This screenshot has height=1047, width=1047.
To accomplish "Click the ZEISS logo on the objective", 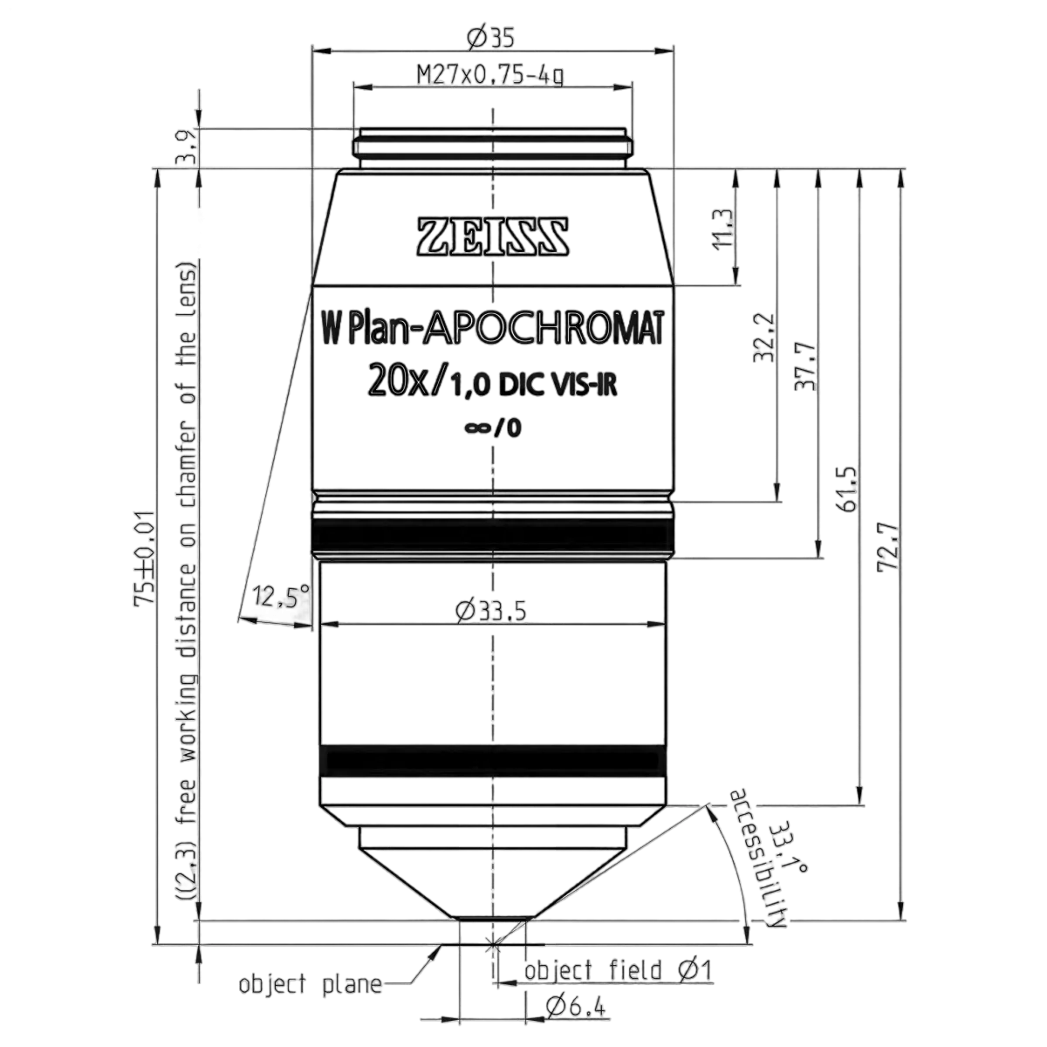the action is point(493,237).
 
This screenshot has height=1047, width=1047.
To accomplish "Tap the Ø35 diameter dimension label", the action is point(490,38).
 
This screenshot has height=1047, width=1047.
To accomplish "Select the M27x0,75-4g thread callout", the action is point(490,75).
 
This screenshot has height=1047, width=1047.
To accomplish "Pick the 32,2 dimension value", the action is point(764,338).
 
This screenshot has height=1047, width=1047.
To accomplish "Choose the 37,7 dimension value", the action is point(804,366).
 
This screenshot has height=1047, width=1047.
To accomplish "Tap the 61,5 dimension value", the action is point(846,488).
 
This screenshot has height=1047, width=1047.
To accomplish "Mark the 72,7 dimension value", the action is point(888,546).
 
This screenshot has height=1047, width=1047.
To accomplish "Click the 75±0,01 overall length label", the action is point(146,558).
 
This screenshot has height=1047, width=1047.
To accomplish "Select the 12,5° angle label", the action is point(282,596).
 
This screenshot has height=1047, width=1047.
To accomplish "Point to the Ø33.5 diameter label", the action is point(491,612).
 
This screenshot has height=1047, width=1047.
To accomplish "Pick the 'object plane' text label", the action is point(311,984).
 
